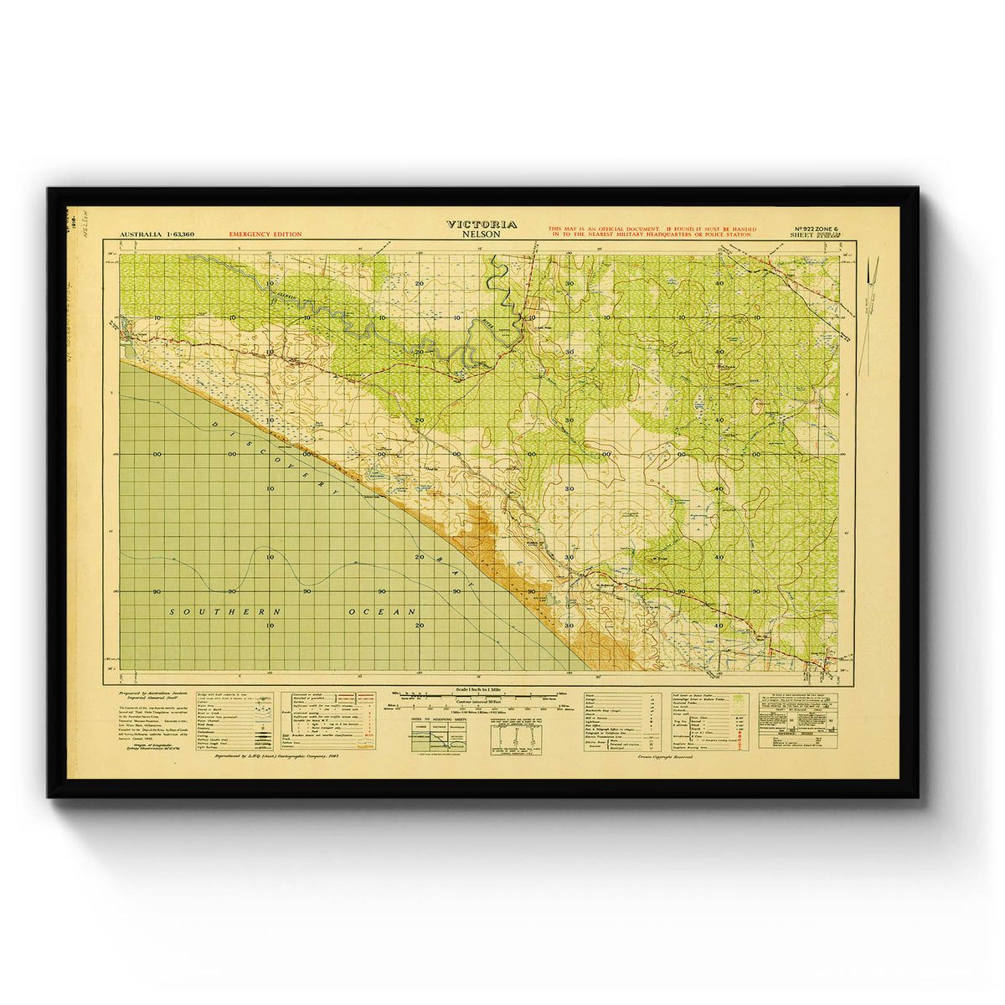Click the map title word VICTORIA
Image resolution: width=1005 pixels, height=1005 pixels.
tap(482, 224)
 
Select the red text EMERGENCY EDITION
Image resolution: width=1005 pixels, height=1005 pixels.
tap(265, 234)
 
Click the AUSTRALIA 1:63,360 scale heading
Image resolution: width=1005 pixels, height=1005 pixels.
tap(157, 234)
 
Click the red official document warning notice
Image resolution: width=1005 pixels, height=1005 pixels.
tap(652, 232)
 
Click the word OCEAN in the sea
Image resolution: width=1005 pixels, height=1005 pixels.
tap(382, 612)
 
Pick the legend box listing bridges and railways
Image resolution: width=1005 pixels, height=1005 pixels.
tap(234, 720)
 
